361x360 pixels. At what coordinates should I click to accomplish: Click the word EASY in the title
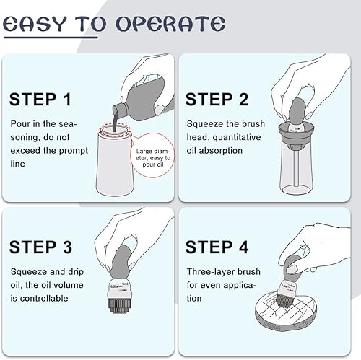[35, 24]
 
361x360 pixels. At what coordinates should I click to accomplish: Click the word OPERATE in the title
[170, 24]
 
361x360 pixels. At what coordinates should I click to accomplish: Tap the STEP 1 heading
[40, 100]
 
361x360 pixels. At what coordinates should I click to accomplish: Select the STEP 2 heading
[217, 100]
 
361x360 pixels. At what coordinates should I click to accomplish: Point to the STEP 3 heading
[40, 247]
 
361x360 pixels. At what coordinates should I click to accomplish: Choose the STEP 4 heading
[217, 247]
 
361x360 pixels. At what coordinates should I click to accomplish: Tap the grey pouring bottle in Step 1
[142, 99]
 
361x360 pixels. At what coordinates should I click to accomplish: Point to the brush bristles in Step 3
[119, 305]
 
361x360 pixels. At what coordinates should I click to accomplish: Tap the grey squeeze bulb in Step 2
[298, 110]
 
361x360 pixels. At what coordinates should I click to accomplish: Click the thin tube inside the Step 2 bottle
[296, 168]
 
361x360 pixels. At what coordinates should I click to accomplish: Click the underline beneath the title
[51, 38]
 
